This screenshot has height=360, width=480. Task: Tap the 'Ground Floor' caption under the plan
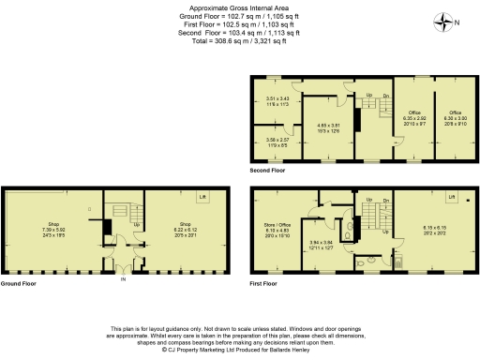pyautogui.click(x=18, y=283)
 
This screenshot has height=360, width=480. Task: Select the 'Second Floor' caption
pyautogui.click(x=267, y=172)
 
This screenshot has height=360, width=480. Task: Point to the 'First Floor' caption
pyautogui.click(x=265, y=283)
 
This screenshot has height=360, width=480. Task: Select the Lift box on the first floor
pyautogui.click(x=452, y=198)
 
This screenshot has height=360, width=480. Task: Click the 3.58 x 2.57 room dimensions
pyautogui.click(x=279, y=143)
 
